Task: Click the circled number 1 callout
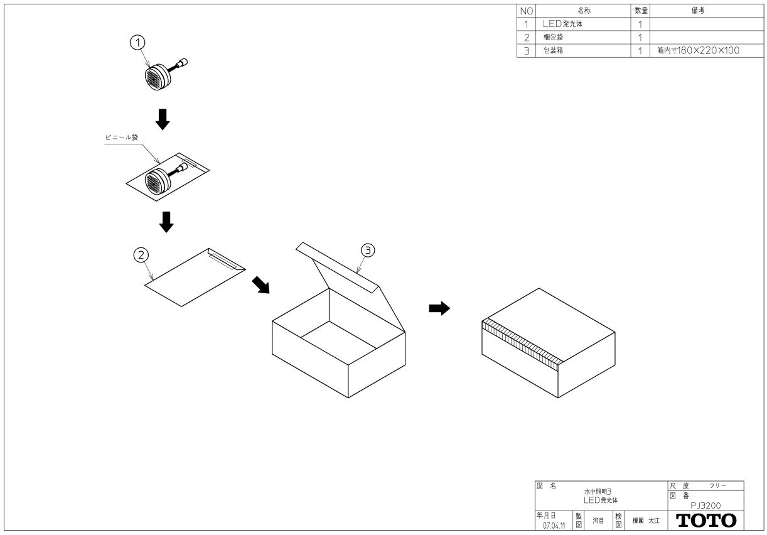137,42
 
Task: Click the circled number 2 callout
141,254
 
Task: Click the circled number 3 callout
368,250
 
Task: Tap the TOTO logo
706,521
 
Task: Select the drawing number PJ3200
705,505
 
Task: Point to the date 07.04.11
553,526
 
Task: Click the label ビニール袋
121,138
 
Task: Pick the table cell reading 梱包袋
553,37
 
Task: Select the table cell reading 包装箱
553,50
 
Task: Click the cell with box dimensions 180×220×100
697,50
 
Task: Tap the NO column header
526,11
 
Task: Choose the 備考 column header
697,11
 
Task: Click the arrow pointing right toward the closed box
439,308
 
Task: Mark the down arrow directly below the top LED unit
163,119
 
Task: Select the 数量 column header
641,11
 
